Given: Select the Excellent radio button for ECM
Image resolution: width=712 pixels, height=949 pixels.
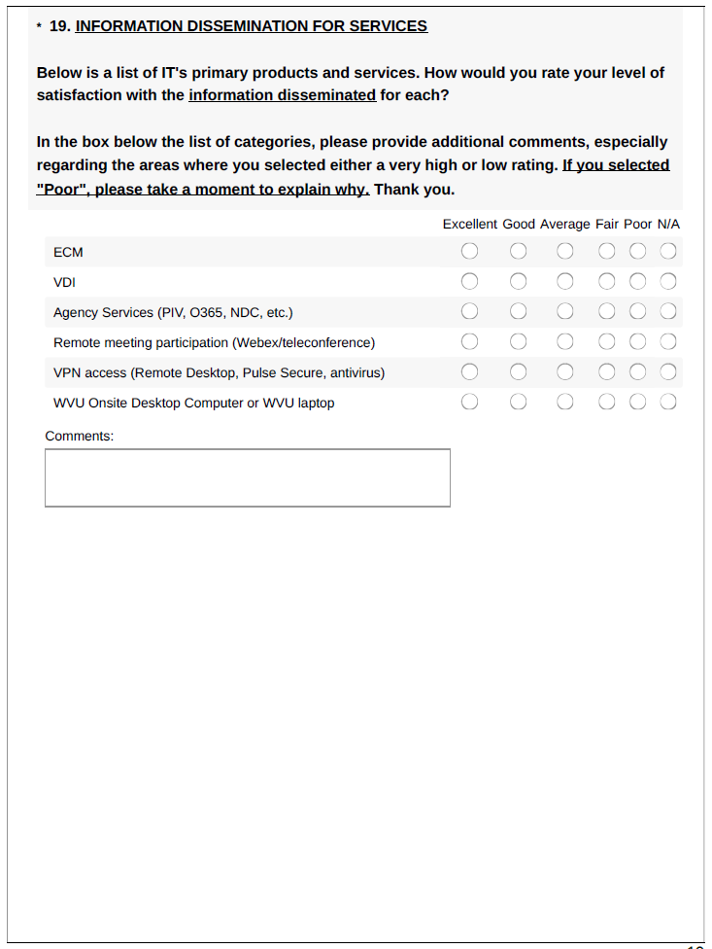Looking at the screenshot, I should pyautogui.click(x=470, y=252).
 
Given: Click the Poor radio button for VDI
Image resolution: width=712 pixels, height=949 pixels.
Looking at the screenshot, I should pyautogui.click(x=638, y=282).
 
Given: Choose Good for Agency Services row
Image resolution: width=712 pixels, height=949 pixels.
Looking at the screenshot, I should pyautogui.click(x=519, y=312).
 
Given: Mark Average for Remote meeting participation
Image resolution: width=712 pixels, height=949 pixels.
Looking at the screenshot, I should pyautogui.click(x=565, y=342).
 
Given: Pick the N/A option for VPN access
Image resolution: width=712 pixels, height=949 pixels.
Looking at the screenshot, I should pyautogui.click(x=668, y=372).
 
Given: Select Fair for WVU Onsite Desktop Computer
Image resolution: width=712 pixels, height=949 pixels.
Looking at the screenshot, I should pyautogui.click(x=607, y=403).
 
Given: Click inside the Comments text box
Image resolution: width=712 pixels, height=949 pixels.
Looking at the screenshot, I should pyautogui.click(x=248, y=477).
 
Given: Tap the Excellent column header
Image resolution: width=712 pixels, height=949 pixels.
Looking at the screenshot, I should pyautogui.click(x=470, y=224).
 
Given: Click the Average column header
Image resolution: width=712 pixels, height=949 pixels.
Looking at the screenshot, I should pyautogui.click(x=565, y=224).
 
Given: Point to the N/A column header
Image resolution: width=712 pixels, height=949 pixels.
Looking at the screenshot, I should pyautogui.click(x=668, y=224).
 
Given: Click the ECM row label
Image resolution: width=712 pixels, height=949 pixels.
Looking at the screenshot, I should pyautogui.click(x=68, y=252).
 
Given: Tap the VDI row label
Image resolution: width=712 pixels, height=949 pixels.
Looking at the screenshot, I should pyautogui.click(x=65, y=282).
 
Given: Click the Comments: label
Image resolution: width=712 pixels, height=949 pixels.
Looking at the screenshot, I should pyautogui.click(x=80, y=436).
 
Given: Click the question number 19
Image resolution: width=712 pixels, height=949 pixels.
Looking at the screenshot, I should pyautogui.click(x=58, y=26).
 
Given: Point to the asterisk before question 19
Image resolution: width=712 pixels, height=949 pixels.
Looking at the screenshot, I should pyautogui.click(x=39, y=27).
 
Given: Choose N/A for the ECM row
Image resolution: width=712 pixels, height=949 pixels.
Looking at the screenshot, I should pyautogui.click(x=668, y=252).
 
